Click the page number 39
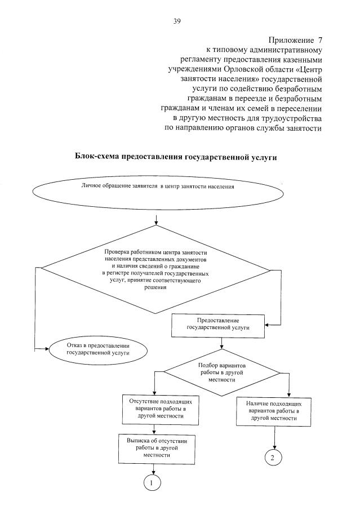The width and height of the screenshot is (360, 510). point(177,22)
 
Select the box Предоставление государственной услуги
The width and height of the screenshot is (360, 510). point(217,323)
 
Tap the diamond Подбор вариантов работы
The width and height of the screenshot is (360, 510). point(225,372)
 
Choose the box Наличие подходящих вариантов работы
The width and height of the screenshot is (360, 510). point(274,411)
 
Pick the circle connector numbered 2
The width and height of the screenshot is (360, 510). point(273,457)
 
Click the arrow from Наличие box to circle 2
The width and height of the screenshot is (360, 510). point(274,436)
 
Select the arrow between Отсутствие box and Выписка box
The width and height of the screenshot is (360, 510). point(153,428)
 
